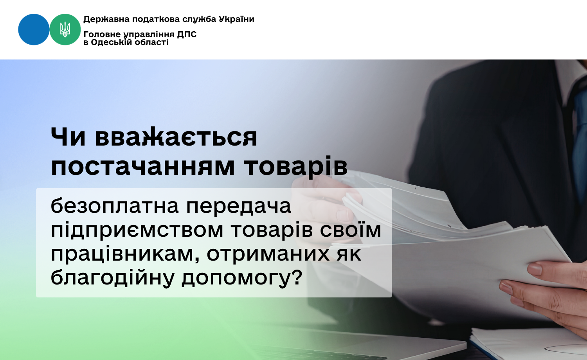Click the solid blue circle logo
pyautogui.click(x=34, y=30)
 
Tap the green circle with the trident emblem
pyautogui.click(x=65, y=30)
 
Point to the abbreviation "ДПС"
pyautogui.click(x=187, y=34)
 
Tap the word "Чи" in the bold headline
pyautogui.click(x=68, y=137)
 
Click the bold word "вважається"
pyautogui.click(x=176, y=137)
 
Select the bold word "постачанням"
pyautogui.click(x=142, y=166)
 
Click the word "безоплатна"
pyautogui.click(x=115, y=206)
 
